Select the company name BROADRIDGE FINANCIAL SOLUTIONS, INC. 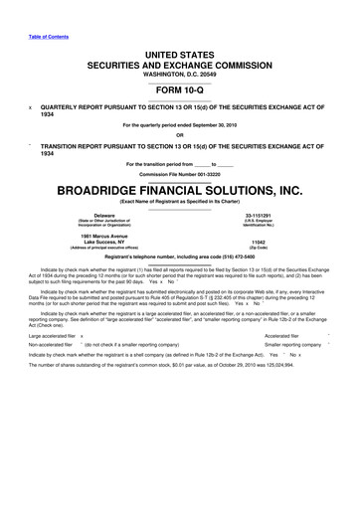point(180,188)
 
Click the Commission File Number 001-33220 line point(180,173)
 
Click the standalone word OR point(180,136)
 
